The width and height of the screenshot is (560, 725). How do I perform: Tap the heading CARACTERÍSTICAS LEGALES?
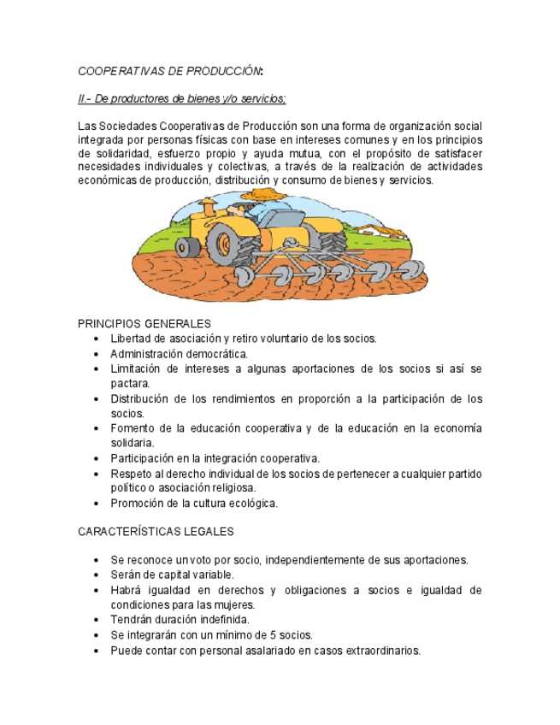pyautogui.click(x=156, y=532)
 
